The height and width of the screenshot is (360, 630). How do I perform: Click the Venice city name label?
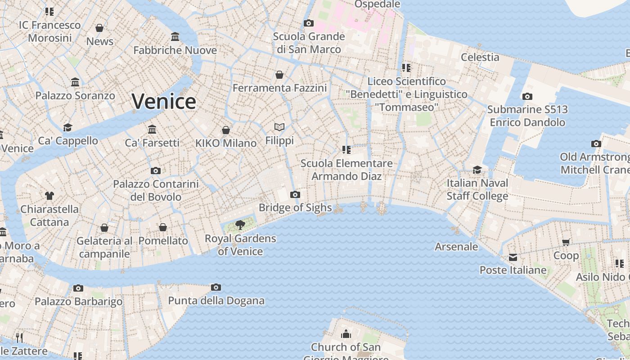tap(164, 101)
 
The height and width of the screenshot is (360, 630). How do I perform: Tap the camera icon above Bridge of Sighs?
tap(295, 194)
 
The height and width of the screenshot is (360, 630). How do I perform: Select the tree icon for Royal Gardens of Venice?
tap(240, 225)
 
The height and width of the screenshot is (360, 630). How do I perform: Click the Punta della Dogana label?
tap(216, 301)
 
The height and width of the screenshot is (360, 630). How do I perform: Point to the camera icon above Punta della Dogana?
tap(216, 287)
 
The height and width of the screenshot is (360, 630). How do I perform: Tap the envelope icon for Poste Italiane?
tap(513, 257)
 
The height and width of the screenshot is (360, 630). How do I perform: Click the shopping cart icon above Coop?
tap(566, 242)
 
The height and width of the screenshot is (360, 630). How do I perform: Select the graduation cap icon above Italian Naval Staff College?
tap(477, 170)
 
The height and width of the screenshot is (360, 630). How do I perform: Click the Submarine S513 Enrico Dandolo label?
tap(527, 116)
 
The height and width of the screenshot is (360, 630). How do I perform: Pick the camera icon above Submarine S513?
tap(527, 96)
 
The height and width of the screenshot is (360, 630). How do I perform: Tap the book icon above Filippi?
tap(279, 127)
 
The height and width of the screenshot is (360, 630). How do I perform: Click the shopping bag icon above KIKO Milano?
tap(226, 130)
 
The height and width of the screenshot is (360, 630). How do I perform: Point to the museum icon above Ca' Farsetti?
tap(152, 129)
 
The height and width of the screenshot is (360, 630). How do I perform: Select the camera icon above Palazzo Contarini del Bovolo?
tap(156, 171)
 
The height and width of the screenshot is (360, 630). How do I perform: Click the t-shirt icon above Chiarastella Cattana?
tap(49, 196)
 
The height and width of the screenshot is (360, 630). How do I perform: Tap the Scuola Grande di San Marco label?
tap(309, 43)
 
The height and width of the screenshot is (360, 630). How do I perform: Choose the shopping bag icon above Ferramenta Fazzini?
tap(279, 74)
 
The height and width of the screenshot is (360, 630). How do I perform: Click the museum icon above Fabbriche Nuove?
tap(175, 36)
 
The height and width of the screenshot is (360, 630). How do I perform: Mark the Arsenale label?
tap(456, 247)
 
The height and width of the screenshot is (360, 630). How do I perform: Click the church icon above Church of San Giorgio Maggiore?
tap(346, 334)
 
